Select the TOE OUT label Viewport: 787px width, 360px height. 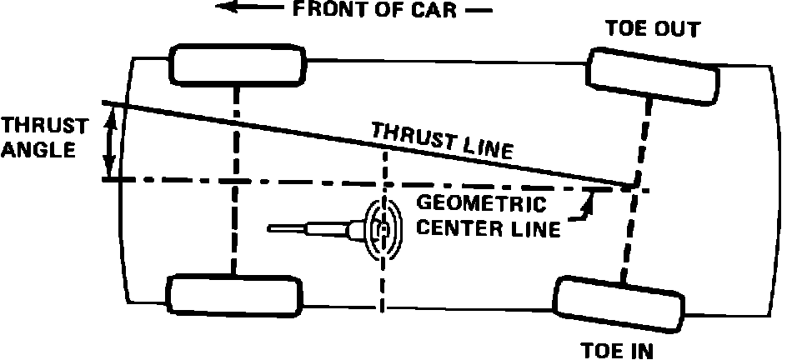pyautogui.click(x=652, y=31)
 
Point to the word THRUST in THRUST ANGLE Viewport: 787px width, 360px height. pyautogui.click(x=43, y=127)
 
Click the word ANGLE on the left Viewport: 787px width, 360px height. pyautogui.click(x=38, y=151)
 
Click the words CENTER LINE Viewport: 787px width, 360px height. pyautogui.click(x=487, y=227)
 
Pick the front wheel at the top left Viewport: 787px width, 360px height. pyautogui.click(x=238, y=64)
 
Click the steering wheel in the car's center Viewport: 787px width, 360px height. pyautogui.click(x=383, y=226)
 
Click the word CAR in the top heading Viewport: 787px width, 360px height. pyautogui.click(x=437, y=12)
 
